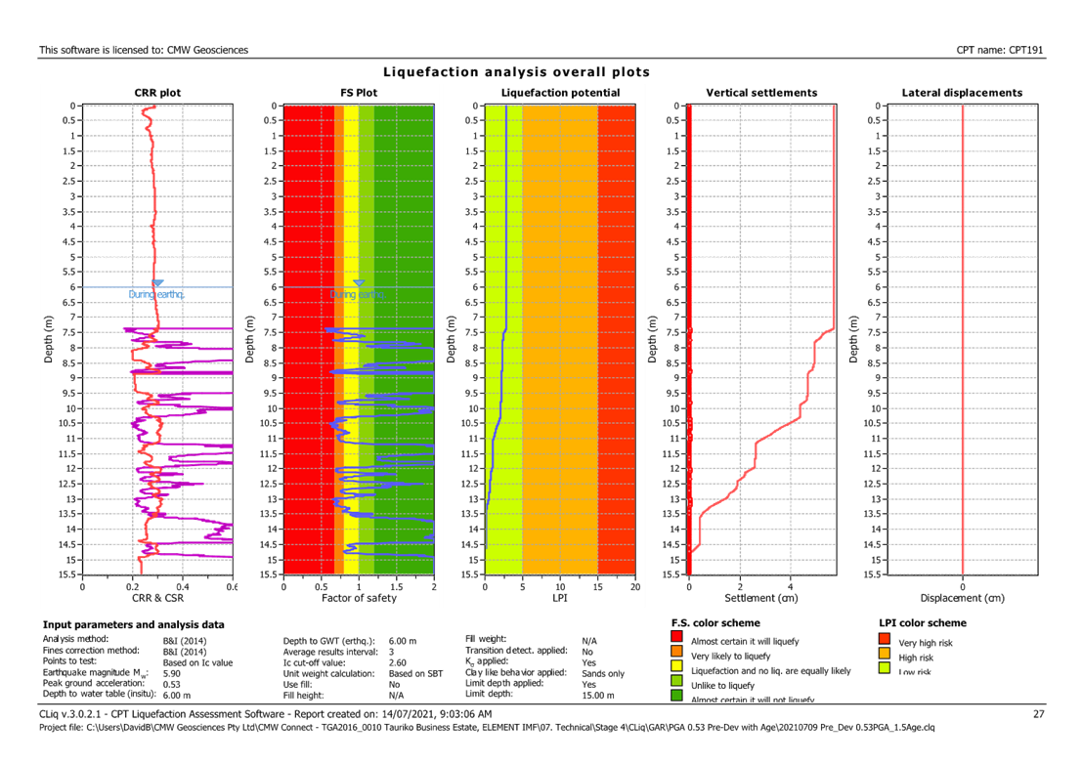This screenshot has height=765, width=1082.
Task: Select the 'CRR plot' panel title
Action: (x=157, y=93)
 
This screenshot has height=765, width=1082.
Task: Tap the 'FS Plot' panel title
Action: (x=358, y=93)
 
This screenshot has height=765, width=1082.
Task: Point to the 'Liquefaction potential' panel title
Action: (x=560, y=93)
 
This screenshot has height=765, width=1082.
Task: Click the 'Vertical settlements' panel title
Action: (x=761, y=93)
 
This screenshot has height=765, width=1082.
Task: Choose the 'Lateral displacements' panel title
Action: (x=963, y=93)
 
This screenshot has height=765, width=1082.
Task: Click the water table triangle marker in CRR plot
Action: (x=158, y=283)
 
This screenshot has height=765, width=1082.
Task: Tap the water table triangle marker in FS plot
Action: (x=359, y=283)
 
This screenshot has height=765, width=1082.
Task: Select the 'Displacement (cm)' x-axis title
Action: (x=963, y=597)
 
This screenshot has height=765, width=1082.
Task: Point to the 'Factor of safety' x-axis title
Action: (x=358, y=597)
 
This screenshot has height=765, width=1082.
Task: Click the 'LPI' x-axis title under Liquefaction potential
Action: (x=560, y=597)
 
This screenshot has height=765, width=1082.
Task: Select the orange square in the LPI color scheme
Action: (x=886, y=655)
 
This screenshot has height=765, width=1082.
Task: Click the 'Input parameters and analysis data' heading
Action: (x=133, y=623)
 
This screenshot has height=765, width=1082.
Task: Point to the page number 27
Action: (x=1039, y=715)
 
